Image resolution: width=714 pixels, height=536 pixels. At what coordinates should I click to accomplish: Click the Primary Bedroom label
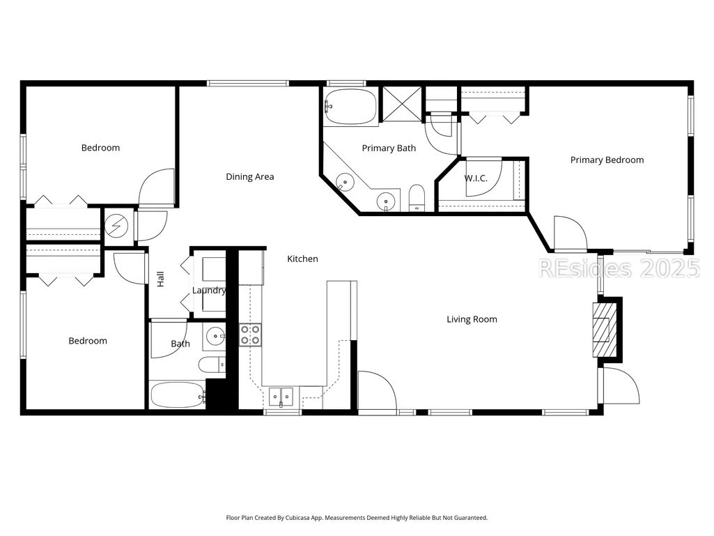(607, 160)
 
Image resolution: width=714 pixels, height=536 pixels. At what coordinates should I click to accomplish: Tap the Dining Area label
(250, 177)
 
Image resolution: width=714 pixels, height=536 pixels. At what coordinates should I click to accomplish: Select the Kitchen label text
(302, 259)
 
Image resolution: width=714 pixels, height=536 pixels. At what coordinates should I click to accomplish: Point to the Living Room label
(472, 319)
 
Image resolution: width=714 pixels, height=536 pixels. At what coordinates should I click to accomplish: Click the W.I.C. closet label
(476, 178)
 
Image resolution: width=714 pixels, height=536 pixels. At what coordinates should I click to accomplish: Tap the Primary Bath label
(389, 148)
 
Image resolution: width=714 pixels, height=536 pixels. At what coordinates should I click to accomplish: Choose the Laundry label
(209, 291)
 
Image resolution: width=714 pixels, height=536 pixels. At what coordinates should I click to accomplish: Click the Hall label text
(160, 279)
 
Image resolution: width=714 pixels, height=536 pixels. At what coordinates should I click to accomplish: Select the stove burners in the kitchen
(251, 335)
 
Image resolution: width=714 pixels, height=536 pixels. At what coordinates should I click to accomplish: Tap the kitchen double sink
(281, 397)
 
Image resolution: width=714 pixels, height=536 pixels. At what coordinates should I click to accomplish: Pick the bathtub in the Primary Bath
(350, 107)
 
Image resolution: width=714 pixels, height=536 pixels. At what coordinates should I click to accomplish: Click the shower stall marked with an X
(402, 104)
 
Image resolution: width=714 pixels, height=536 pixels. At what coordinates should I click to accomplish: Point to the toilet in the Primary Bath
(417, 198)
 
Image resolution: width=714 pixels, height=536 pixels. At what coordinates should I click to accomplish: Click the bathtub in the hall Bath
(178, 395)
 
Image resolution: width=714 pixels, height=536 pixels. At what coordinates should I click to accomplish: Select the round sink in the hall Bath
(215, 337)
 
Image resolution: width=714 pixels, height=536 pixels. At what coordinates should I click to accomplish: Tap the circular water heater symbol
(116, 226)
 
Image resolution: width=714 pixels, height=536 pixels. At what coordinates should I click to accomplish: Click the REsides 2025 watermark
(619, 268)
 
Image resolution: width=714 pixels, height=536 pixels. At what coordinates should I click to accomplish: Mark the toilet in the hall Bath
(212, 365)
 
